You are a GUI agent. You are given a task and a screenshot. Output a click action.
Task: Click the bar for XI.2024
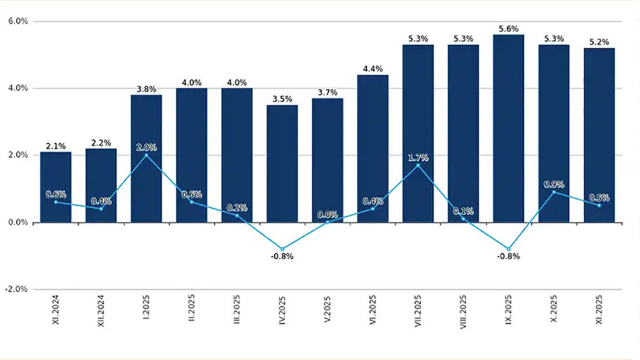point(56,187)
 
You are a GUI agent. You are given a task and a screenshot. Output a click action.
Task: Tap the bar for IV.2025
point(282,163)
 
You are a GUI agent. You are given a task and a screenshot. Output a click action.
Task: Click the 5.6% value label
point(509,29)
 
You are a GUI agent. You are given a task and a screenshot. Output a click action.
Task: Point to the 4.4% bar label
point(373,69)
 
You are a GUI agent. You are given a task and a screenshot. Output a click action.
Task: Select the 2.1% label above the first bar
point(56,146)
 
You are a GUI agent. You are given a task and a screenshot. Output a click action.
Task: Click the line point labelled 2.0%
point(146,155)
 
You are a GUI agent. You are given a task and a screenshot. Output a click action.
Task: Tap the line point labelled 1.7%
point(418,165)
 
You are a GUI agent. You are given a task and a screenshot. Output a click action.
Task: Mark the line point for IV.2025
point(282,249)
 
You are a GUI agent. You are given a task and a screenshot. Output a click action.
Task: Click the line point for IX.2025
point(509,249)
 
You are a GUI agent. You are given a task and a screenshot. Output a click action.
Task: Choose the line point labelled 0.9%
point(554,192)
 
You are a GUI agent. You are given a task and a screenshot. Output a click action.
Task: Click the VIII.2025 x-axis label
point(464,319)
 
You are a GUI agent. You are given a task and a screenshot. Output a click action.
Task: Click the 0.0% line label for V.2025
point(327,214)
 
